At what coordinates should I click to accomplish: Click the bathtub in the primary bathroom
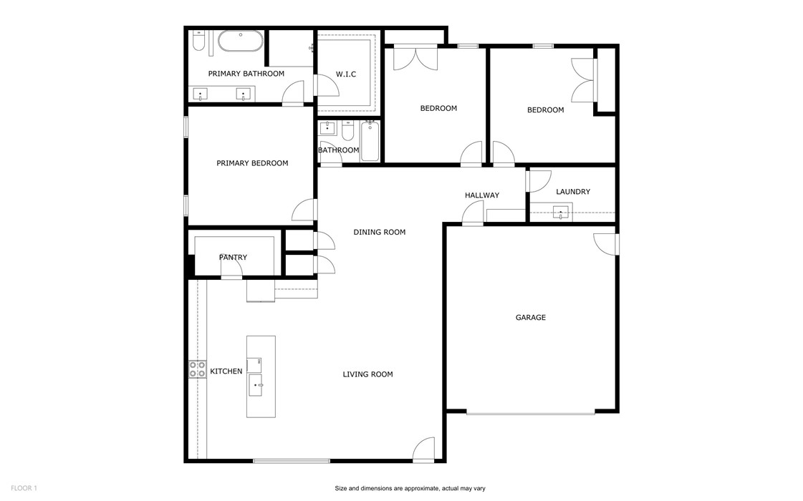240,41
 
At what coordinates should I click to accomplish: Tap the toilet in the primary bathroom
199,42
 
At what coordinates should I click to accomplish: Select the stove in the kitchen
197,369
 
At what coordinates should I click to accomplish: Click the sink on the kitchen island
255,385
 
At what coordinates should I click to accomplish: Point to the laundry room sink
561,211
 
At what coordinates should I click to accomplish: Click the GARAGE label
531,317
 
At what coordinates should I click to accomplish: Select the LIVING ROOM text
367,374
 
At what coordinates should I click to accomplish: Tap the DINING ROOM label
379,232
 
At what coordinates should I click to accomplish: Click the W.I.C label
346,74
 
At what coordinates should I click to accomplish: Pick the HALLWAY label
481,195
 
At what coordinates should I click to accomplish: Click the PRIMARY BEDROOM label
252,163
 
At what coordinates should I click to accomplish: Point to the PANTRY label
233,258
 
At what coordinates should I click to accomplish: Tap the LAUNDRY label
573,192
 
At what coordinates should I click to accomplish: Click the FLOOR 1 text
24,488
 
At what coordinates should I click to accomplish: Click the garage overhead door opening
530,412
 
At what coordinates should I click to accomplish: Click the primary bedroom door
305,210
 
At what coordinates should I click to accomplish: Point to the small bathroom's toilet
347,131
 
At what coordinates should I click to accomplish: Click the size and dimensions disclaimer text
410,488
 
